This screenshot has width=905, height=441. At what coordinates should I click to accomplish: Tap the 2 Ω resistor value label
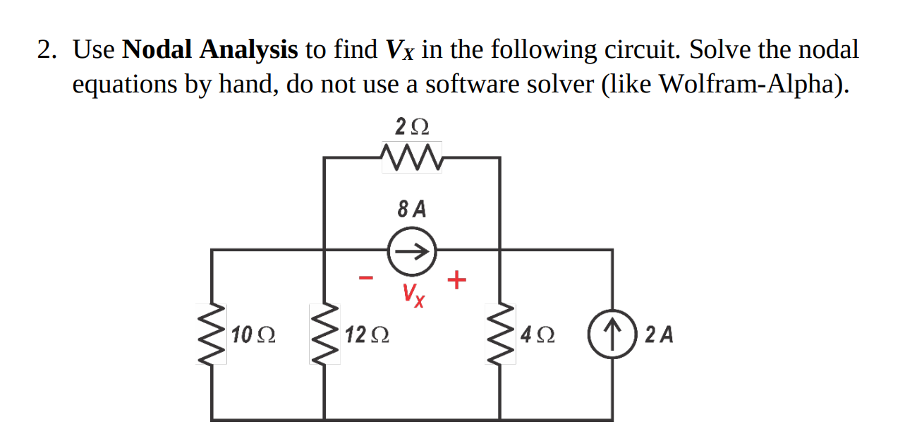[411, 128]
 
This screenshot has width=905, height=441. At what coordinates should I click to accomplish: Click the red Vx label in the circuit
[414, 295]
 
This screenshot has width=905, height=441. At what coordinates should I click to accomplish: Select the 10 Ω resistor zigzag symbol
[212, 334]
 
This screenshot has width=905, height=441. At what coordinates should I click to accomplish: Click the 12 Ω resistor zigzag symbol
[324, 334]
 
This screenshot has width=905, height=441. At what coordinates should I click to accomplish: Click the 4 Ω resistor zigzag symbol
[501, 334]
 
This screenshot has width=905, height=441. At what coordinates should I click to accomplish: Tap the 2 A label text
[659, 334]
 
